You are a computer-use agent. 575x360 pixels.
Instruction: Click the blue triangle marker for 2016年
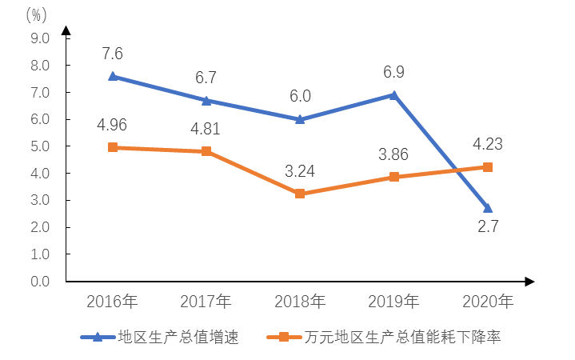[x=113, y=76]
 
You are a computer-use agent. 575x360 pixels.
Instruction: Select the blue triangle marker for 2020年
[x=487, y=208]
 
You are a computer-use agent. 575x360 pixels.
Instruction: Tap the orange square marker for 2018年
[x=300, y=194]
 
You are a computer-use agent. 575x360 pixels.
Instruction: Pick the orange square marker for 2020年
[x=487, y=167]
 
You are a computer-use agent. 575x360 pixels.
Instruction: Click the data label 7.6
[x=113, y=54]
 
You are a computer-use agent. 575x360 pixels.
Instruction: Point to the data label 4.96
[x=112, y=126]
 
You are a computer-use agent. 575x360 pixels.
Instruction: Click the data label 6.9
[x=393, y=72]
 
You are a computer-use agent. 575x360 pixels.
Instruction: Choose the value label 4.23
[x=488, y=146]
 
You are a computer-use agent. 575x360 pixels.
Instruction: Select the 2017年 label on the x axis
[x=206, y=302]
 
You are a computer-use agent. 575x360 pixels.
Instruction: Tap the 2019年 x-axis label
[x=393, y=302]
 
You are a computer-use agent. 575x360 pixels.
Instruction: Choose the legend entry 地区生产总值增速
[x=178, y=337]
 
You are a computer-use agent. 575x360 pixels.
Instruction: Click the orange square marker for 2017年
[x=206, y=151]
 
